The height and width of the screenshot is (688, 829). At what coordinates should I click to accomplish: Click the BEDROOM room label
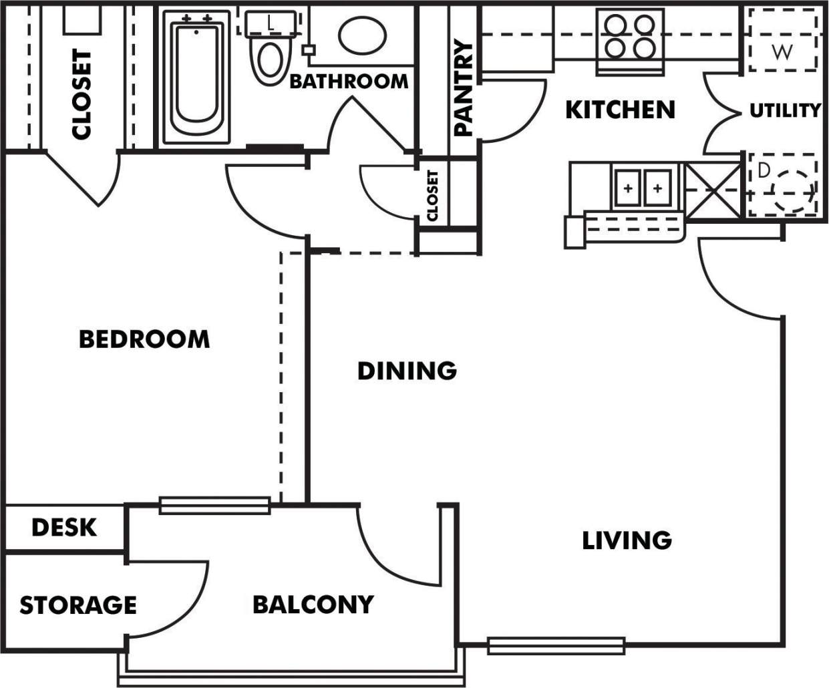[144, 339]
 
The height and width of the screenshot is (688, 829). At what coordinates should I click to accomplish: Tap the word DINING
[407, 371]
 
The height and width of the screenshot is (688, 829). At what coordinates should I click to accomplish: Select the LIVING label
[627, 540]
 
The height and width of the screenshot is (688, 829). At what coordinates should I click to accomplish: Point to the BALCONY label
[313, 605]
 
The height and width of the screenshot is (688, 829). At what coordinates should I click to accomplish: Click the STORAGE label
[78, 606]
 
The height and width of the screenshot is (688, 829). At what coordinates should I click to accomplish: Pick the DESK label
[64, 528]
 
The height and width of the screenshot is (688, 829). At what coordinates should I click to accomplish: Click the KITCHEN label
[620, 110]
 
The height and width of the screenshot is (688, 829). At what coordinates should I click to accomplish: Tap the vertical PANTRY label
[463, 88]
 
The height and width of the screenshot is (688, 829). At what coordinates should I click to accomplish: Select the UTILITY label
[784, 110]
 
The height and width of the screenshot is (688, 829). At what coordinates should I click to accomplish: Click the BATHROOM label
[349, 81]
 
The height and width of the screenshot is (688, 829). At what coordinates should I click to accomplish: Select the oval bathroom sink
[362, 35]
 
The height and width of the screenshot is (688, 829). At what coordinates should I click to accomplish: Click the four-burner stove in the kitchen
[629, 37]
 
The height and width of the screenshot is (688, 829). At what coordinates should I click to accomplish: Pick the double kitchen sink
[643, 189]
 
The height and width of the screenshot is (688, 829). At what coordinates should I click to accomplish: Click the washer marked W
[782, 40]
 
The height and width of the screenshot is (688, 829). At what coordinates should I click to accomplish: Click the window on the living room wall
[556, 645]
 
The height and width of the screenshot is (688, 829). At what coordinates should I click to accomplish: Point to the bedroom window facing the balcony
[214, 505]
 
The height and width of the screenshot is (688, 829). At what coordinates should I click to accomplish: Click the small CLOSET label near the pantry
[432, 195]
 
